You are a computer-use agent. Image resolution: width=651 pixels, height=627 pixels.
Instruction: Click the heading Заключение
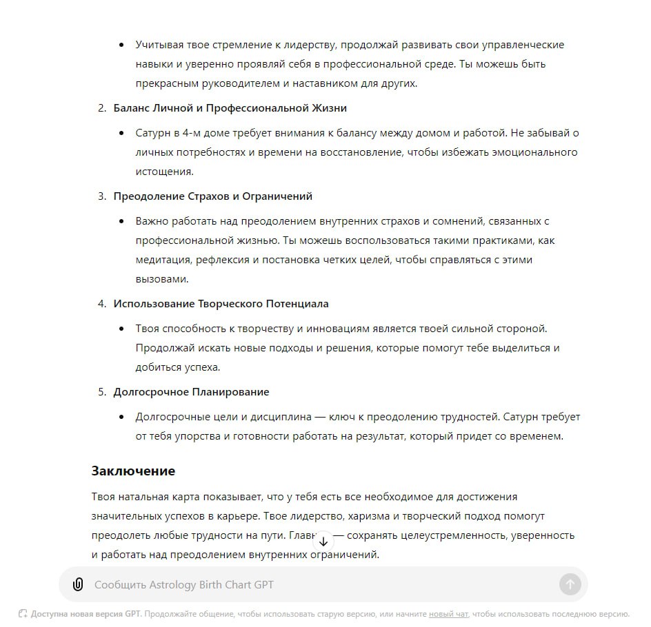pyautogui.click(x=133, y=471)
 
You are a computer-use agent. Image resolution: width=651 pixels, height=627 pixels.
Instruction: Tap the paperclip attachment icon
pyautogui.click(x=78, y=585)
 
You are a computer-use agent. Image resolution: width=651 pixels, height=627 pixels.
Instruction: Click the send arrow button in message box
pyautogui.click(x=570, y=585)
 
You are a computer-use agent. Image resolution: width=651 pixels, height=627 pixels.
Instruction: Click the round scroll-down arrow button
pyautogui.click(x=323, y=541)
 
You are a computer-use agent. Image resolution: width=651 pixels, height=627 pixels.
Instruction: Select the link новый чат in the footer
pyautogui.click(x=448, y=614)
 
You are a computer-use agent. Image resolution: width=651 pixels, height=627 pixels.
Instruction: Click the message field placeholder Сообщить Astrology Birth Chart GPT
pyautogui.click(x=184, y=585)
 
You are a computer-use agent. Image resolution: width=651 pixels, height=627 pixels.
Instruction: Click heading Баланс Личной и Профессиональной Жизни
pyautogui.click(x=230, y=108)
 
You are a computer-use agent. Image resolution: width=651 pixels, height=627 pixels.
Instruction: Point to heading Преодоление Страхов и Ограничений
pyautogui.click(x=212, y=196)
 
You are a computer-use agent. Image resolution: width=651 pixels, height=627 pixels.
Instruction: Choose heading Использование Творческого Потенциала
pyautogui.click(x=221, y=304)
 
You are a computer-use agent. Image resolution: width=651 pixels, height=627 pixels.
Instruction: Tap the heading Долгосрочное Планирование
pyautogui.click(x=191, y=392)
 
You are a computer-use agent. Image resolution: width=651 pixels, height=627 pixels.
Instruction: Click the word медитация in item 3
pyautogui.click(x=163, y=260)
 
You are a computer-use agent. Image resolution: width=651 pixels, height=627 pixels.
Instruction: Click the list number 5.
pyautogui.click(x=101, y=392)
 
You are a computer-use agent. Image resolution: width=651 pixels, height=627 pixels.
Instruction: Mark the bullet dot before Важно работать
pyautogui.click(x=122, y=221)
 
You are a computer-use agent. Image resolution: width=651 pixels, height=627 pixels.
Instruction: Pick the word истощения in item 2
pyautogui.click(x=164, y=172)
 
